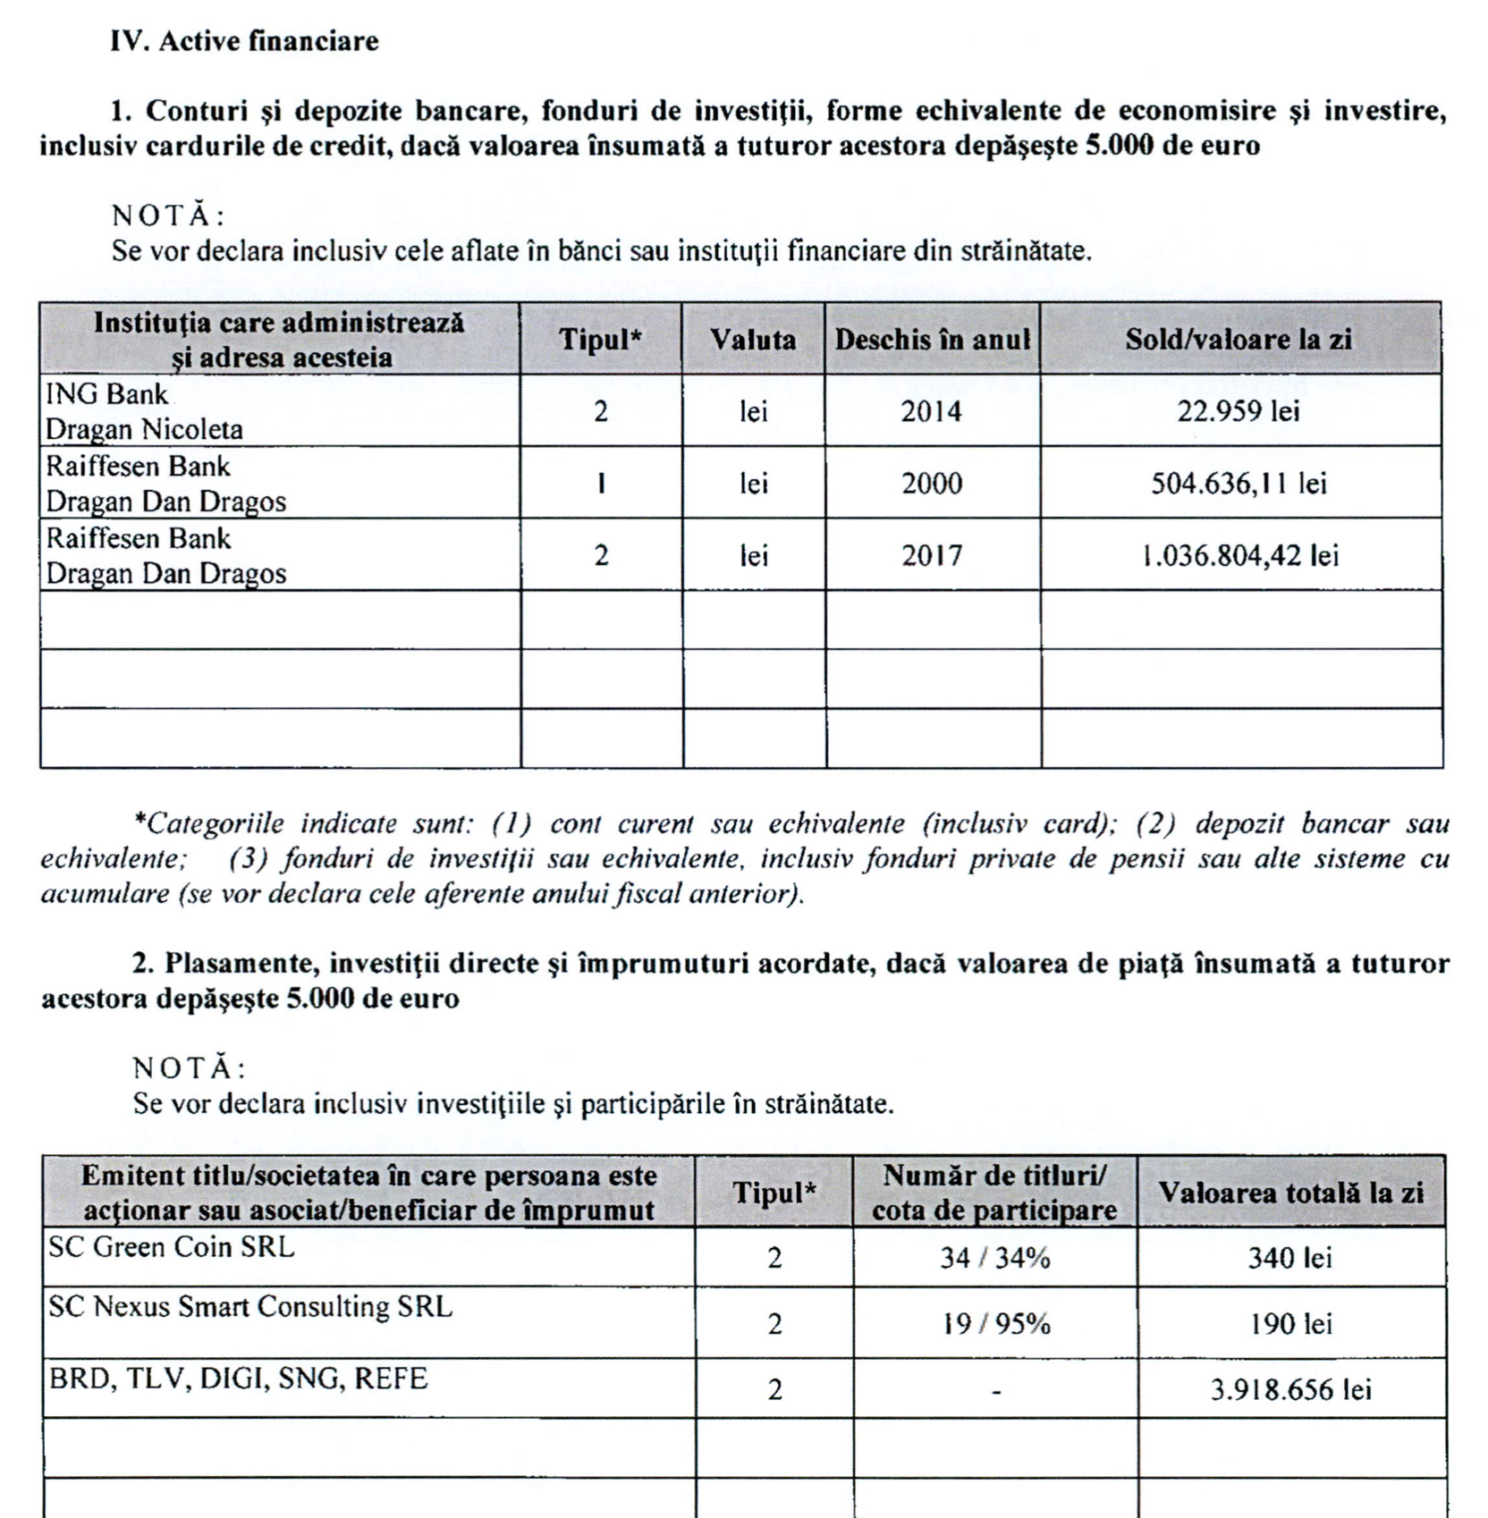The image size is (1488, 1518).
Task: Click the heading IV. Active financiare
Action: (244, 41)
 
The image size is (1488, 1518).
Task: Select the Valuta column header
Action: (753, 340)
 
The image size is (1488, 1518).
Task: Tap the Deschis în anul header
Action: (932, 340)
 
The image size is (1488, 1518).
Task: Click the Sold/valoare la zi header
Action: (1239, 340)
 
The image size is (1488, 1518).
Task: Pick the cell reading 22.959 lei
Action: (1239, 412)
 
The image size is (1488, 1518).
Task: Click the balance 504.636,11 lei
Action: (1239, 484)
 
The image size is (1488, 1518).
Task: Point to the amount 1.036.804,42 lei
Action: (1240, 556)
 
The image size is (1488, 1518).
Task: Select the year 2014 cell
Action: (931, 412)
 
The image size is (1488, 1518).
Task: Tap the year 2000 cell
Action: (931, 484)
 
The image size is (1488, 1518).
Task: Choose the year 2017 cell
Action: (931, 556)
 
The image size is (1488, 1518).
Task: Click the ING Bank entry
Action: (106, 394)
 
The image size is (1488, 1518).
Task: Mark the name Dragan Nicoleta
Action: (144, 430)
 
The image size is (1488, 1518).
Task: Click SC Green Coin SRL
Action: (171, 1247)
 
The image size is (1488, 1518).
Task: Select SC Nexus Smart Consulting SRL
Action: (250, 1307)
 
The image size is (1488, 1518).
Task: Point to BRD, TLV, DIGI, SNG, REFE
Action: (238, 1379)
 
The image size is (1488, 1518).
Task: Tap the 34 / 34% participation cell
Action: (994, 1259)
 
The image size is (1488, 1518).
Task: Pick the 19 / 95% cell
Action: (995, 1324)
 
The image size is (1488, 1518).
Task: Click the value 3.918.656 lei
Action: (1290, 1390)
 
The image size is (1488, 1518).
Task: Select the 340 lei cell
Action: (1289, 1259)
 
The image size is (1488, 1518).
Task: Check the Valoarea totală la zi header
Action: (1290, 1193)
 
